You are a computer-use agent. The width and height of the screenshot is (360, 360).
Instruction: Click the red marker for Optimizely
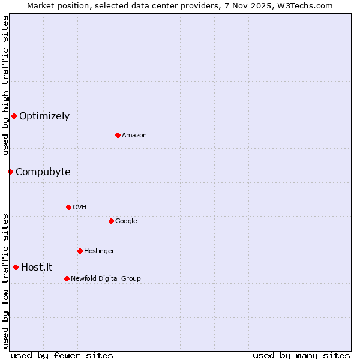tap(14, 116)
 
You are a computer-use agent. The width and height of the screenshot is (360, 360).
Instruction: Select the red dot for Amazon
tap(118, 135)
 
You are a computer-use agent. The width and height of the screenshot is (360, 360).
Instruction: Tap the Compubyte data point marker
tap(10, 172)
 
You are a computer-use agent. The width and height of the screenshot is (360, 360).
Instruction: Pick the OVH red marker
tap(68, 207)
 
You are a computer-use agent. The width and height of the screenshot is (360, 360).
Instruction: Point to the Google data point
tap(111, 221)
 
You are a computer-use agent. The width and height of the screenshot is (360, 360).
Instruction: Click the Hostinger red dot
tap(80, 251)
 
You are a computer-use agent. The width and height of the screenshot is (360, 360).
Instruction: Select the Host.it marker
tap(16, 267)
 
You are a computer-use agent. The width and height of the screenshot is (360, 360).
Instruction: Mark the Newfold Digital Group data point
tap(67, 278)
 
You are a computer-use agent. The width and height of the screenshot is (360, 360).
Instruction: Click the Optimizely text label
tap(44, 116)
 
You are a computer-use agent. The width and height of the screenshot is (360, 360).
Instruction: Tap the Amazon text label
tap(134, 136)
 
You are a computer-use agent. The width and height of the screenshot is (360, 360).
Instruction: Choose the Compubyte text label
tap(43, 172)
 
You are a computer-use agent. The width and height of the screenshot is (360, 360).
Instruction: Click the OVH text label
tap(80, 208)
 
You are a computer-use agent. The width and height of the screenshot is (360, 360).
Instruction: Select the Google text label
tap(126, 221)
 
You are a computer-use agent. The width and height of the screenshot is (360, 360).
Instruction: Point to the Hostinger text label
tap(99, 251)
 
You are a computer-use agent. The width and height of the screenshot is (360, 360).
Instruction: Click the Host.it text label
tap(37, 268)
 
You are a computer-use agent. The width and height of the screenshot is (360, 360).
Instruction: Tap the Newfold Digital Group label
tap(106, 279)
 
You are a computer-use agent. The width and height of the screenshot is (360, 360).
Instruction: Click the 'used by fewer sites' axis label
tap(62, 355)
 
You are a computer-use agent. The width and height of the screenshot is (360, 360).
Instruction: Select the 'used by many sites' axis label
tap(301, 355)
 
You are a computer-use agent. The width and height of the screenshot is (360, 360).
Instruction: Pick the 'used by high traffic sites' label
tap(5, 86)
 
